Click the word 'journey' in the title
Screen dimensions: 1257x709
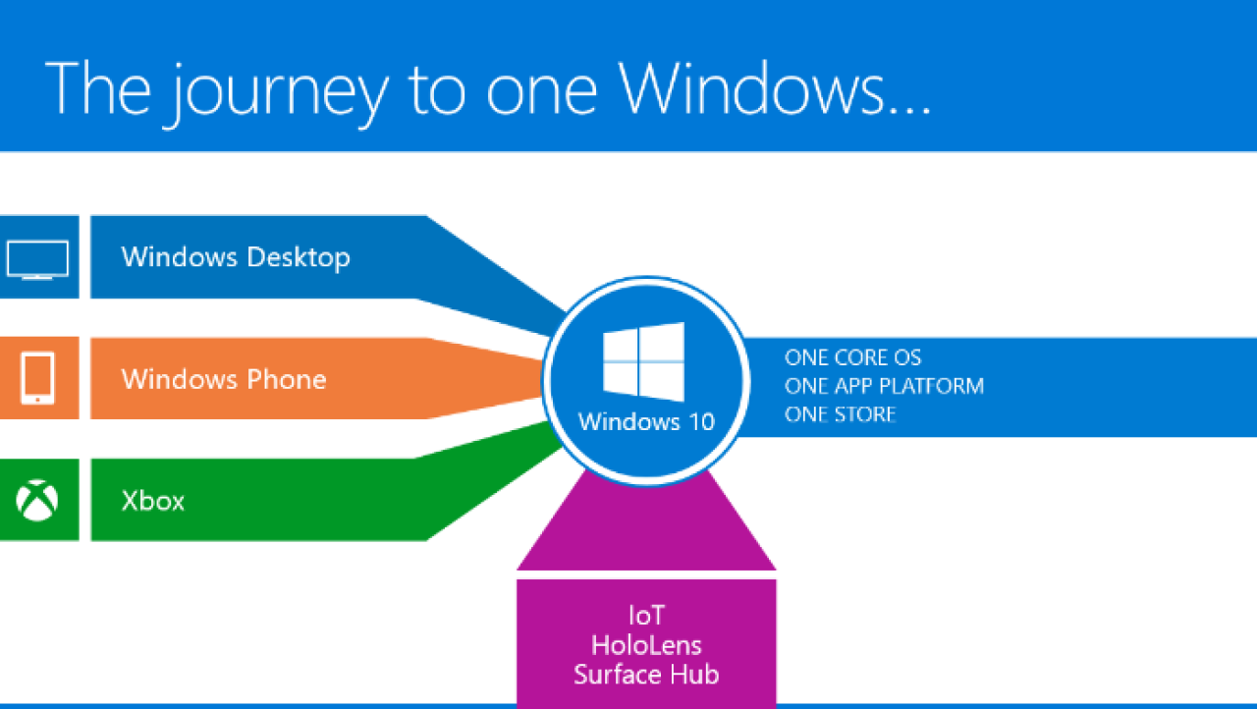[279, 92]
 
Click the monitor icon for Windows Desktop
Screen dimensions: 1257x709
[37, 259]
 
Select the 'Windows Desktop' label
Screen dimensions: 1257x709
[236, 257]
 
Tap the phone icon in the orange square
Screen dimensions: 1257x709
[37, 378]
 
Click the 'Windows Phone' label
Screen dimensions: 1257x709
[224, 379]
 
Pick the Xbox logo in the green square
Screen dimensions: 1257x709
[37, 501]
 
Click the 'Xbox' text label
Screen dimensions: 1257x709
[152, 501]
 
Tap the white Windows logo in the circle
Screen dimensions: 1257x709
[643, 361]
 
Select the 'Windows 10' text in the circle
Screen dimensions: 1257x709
[646, 422]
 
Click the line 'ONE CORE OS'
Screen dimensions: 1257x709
[853, 357]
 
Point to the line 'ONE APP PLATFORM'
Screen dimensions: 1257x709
[885, 386]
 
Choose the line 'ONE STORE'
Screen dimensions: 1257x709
[840, 414]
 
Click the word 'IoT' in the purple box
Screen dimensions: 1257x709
[646, 616]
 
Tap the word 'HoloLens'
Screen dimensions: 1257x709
[646, 645]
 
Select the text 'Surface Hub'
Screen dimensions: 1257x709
[646, 675]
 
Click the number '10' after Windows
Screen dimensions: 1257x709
[701, 422]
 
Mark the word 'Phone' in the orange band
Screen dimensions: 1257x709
[287, 379]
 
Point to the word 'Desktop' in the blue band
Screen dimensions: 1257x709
[299, 258]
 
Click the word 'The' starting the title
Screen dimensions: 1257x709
[98, 88]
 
